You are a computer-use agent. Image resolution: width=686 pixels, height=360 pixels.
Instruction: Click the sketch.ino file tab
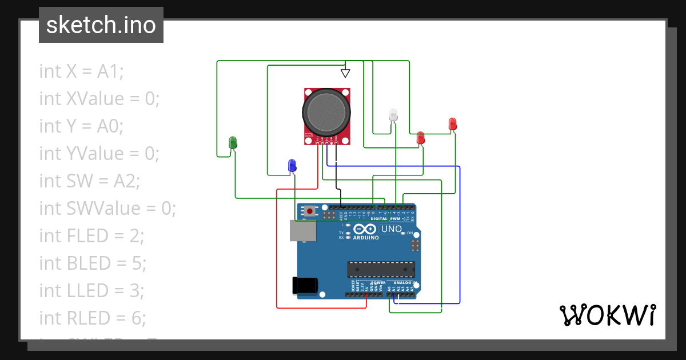coord(101,25)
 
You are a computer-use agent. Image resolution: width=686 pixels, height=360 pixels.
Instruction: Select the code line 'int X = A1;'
coord(81,71)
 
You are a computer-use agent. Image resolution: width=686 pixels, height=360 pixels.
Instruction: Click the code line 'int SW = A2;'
coord(89,181)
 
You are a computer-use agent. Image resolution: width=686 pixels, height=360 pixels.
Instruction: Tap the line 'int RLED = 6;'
coord(93,318)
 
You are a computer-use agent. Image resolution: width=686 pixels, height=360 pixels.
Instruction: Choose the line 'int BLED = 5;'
coord(93,263)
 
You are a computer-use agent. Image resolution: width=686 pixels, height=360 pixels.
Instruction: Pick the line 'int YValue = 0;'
coord(99,154)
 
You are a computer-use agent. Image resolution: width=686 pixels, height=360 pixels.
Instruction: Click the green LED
coord(233,142)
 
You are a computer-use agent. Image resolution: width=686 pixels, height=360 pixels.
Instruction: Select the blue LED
coord(292,165)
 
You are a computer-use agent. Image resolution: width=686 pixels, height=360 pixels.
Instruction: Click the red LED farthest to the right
coord(453,124)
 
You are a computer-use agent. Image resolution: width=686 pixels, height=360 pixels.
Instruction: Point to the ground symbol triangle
coord(345,73)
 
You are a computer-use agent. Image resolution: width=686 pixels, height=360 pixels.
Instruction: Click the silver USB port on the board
coord(302,231)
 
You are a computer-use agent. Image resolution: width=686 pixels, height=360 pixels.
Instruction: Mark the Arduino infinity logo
coord(366,229)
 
